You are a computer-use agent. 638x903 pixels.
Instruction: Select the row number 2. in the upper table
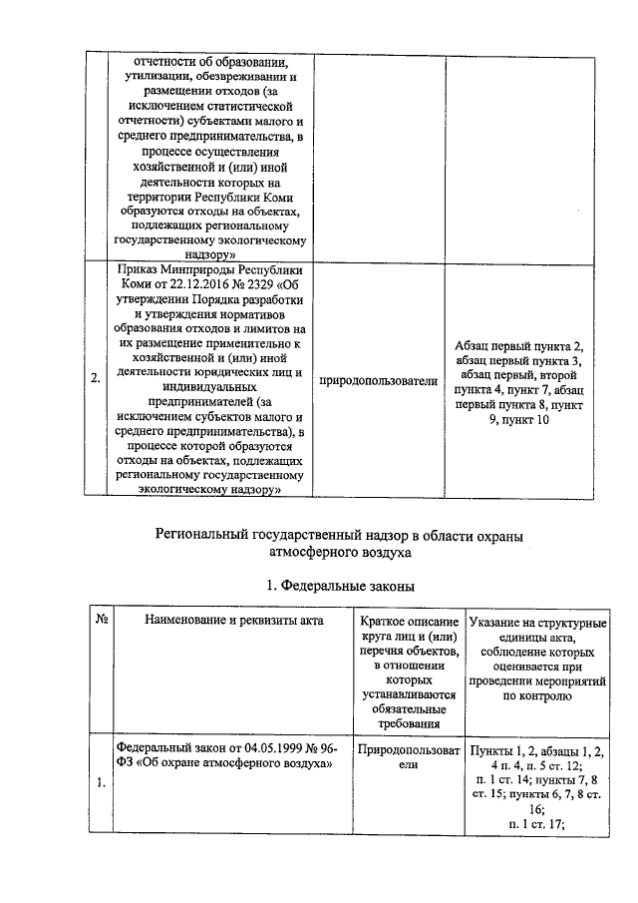pyautogui.click(x=95, y=379)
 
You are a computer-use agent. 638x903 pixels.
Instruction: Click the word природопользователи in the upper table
pyautogui.click(x=378, y=380)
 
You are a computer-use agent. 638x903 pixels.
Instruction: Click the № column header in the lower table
pyautogui.click(x=101, y=621)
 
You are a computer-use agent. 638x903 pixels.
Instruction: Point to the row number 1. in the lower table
pyautogui.click(x=97, y=782)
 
